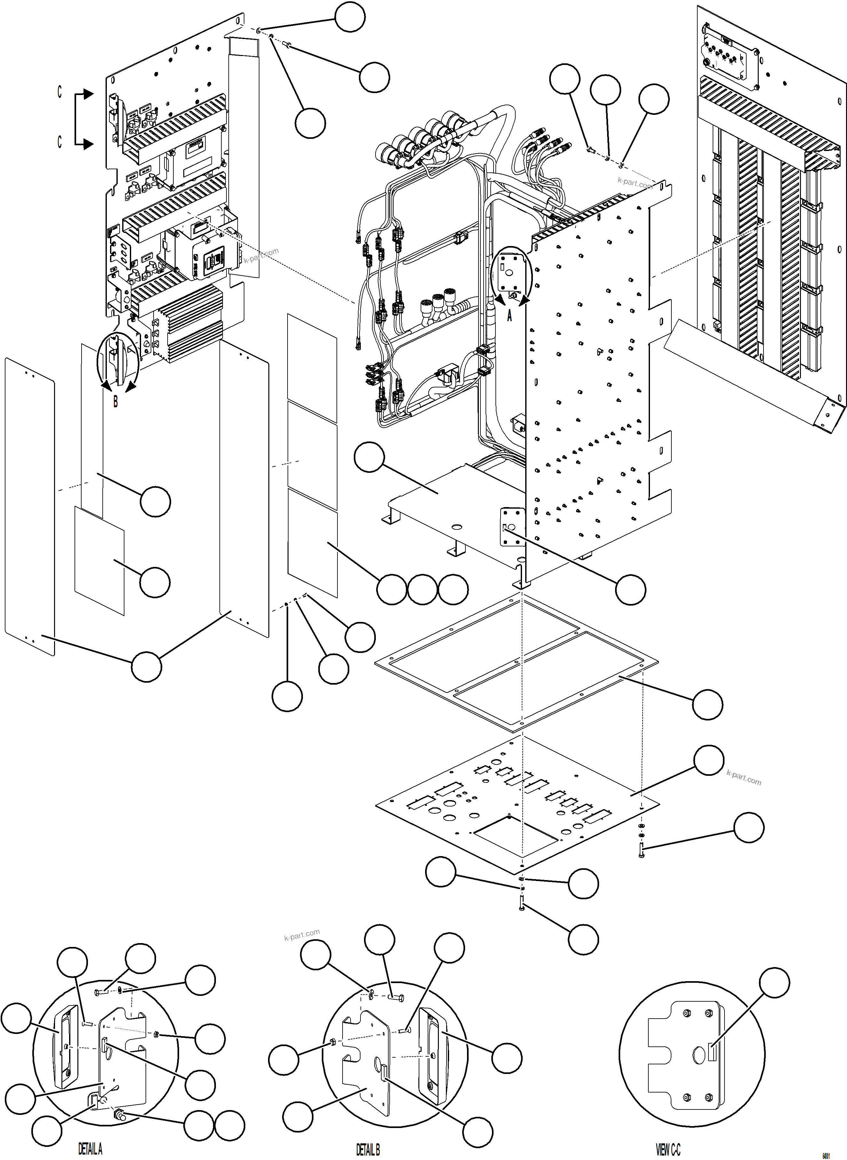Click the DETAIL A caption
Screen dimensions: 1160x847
(90, 1149)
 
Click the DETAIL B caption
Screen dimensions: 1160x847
(368, 1149)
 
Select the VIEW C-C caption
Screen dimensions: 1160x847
(668, 1149)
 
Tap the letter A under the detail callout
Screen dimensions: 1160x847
(509, 316)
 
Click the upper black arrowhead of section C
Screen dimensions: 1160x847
(89, 94)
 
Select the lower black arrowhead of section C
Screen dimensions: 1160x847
(89, 144)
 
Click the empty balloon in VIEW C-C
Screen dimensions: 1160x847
(774, 982)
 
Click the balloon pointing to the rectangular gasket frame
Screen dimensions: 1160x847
(708, 704)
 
